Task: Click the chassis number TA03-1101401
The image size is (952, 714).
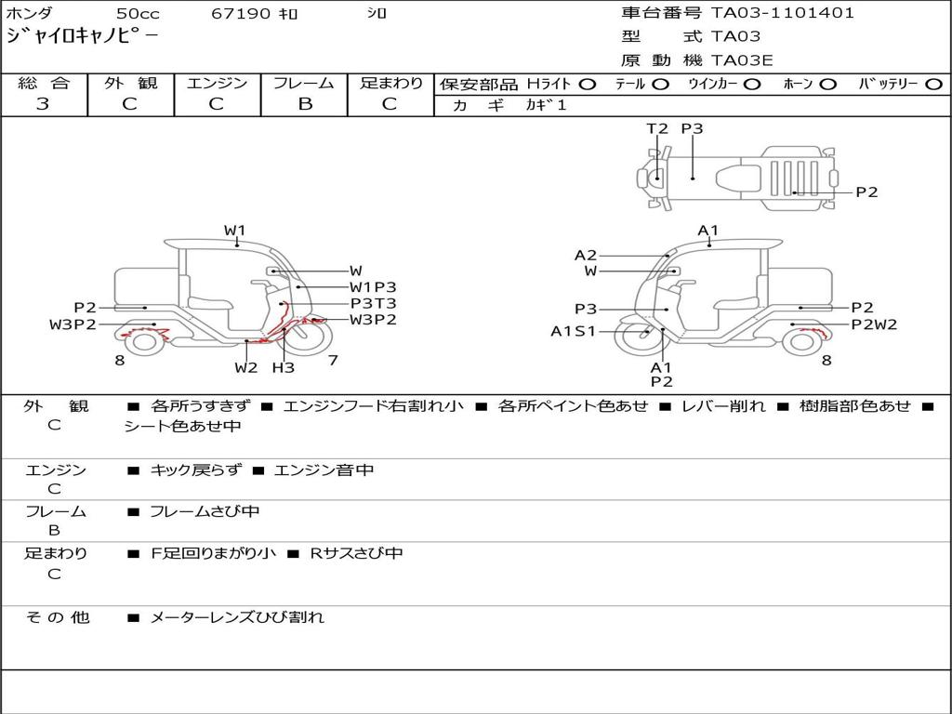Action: tap(783, 13)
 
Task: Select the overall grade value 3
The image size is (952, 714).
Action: tap(43, 104)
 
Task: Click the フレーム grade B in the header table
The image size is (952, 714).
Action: tap(305, 104)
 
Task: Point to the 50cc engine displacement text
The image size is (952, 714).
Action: tap(138, 14)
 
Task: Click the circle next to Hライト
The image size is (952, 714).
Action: tap(587, 85)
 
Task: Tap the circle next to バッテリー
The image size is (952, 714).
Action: tap(933, 85)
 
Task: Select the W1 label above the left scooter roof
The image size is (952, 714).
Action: tap(234, 231)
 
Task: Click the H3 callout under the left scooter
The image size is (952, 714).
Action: tap(284, 367)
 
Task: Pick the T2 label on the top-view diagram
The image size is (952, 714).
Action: tap(657, 129)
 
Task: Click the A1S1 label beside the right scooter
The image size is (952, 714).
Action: tap(573, 331)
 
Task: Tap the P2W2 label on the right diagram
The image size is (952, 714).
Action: tap(874, 324)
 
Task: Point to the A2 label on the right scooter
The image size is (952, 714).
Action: tap(586, 255)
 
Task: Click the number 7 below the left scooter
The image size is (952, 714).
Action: tap(333, 360)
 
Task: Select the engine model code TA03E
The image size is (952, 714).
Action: tap(742, 61)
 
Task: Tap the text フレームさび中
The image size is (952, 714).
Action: tap(205, 511)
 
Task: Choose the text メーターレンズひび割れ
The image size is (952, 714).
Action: tap(237, 617)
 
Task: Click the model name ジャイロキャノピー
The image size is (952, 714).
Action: tap(83, 36)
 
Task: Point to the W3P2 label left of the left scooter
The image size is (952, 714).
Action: tap(73, 324)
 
